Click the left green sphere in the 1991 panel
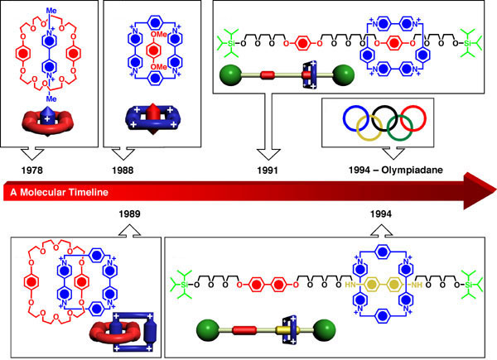(227, 79)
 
